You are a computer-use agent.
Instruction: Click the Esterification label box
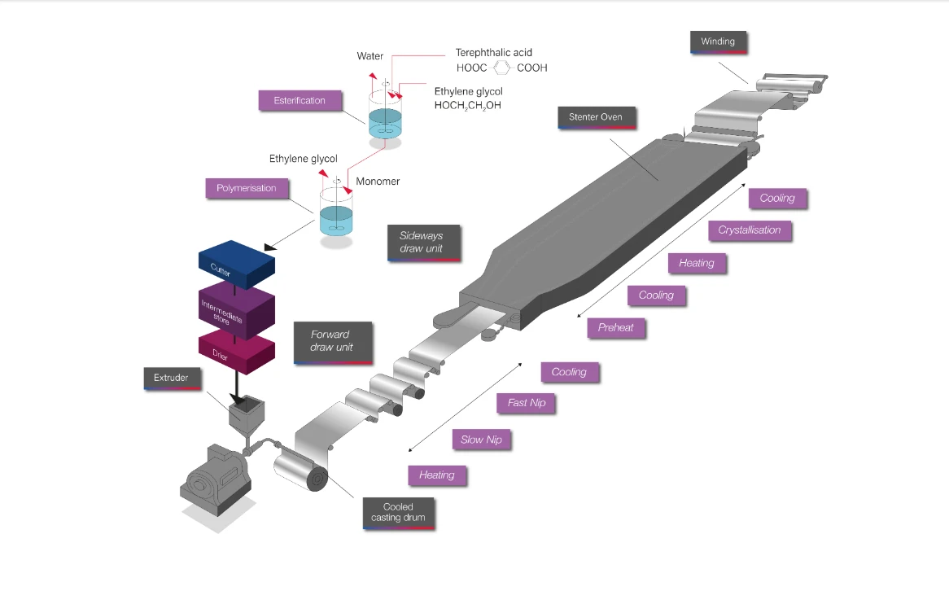pos(300,100)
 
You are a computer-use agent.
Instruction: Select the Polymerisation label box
pos(247,188)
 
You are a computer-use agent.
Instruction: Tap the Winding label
pos(718,42)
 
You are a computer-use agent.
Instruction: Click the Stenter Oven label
pos(596,117)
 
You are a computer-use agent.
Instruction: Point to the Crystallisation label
pos(750,230)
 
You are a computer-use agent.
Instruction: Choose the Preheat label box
pos(615,327)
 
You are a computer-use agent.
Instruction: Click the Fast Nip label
pos(526,403)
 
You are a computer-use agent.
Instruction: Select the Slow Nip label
pos(481,440)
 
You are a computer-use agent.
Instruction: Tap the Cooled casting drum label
pos(398,513)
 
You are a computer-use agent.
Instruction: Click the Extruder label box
pos(172,378)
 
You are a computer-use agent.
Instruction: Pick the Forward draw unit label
pos(332,342)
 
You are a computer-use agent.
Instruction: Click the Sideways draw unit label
pos(424,243)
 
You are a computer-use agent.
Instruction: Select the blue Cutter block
pos(237,264)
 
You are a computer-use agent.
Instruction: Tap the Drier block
pos(237,352)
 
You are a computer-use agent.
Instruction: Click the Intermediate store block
pos(237,309)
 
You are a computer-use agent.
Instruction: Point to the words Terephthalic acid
pos(494,53)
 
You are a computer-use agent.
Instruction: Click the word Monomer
pos(378,181)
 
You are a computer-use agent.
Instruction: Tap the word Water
pos(370,55)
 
